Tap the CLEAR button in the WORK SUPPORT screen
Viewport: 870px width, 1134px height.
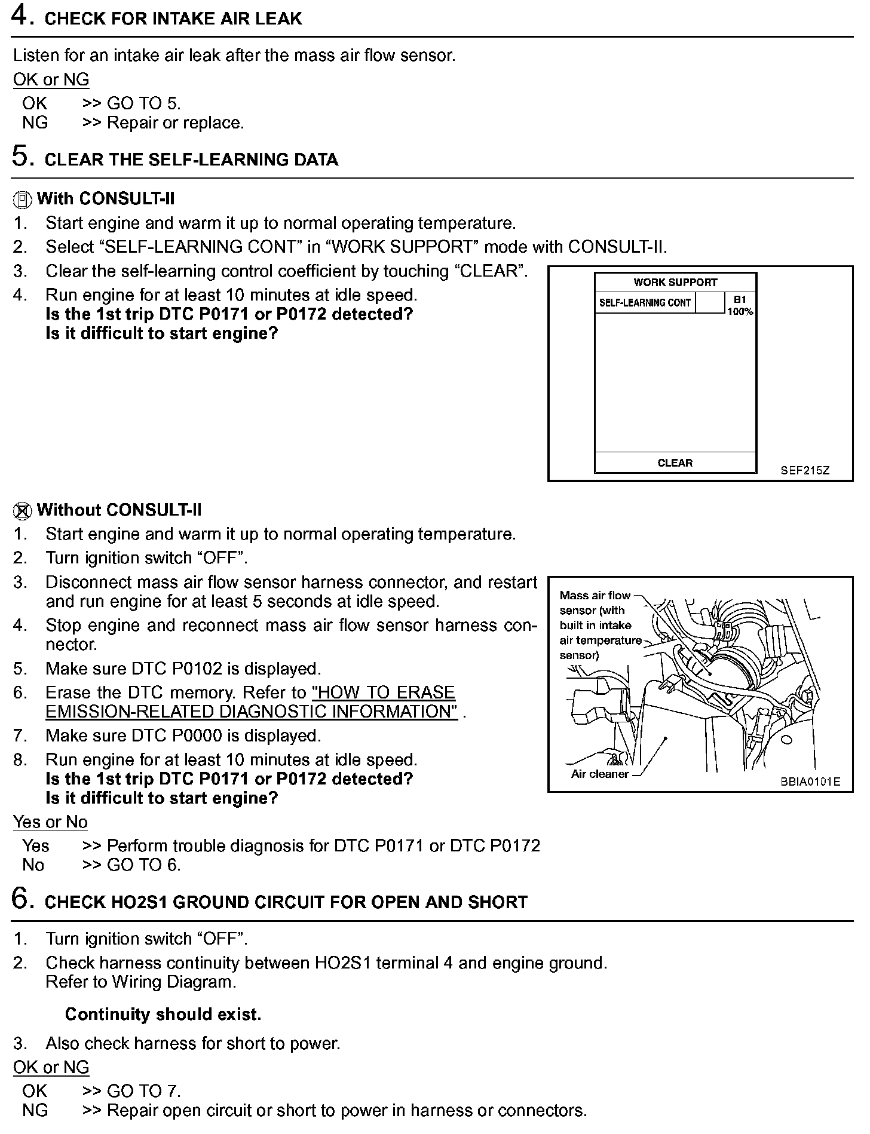point(675,463)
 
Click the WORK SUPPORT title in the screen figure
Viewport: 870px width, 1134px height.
point(675,283)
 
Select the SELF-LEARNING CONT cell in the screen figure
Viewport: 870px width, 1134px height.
point(645,303)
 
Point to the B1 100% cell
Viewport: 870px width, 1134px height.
point(740,305)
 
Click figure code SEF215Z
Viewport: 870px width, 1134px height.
point(805,470)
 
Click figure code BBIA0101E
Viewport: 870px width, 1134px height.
point(810,782)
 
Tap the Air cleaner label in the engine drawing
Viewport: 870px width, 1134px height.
point(599,774)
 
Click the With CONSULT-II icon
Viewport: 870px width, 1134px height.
point(22,200)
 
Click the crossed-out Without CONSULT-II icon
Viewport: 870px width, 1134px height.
point(22,511)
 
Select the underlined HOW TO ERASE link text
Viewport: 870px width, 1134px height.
point(383,693)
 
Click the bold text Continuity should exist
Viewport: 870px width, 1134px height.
point(163,1015)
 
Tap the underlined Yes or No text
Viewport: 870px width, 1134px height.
point(50,822)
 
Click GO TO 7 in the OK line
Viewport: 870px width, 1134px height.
point(143,1091)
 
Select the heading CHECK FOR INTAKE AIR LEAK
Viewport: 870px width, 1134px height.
point(173,19)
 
